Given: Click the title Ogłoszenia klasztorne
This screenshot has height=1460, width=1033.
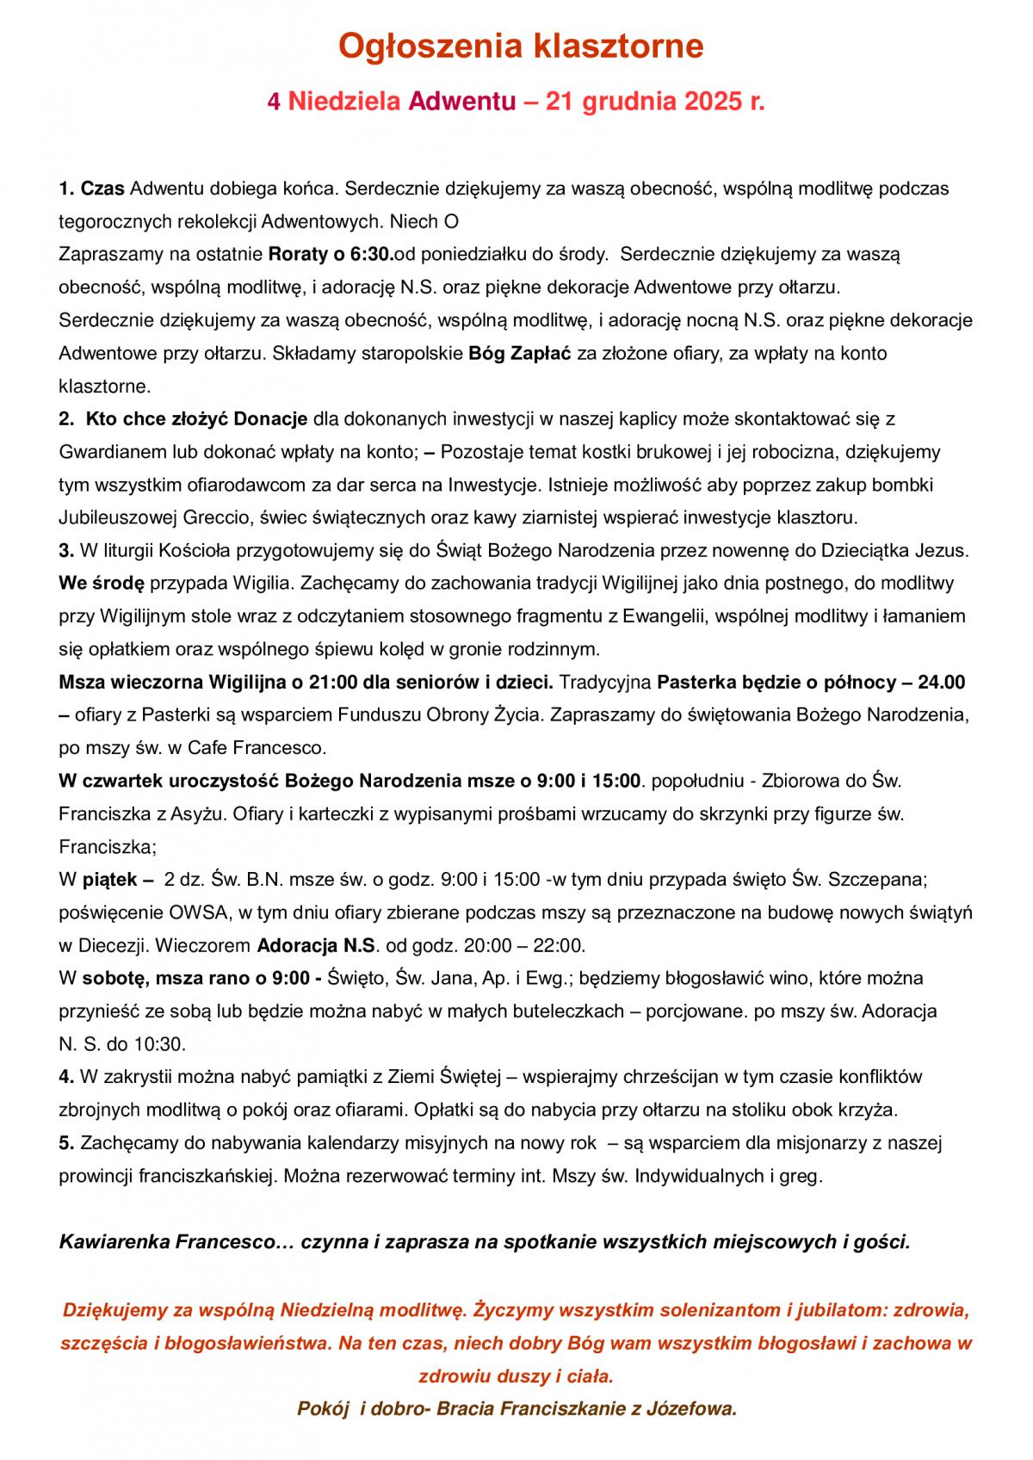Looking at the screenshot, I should pos(520,46).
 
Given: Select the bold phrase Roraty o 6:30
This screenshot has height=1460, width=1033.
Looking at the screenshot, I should pos(331,254).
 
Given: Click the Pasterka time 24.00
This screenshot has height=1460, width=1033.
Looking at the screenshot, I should pos(942,683).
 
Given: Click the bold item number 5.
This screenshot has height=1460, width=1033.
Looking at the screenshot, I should pos(65,1143).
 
